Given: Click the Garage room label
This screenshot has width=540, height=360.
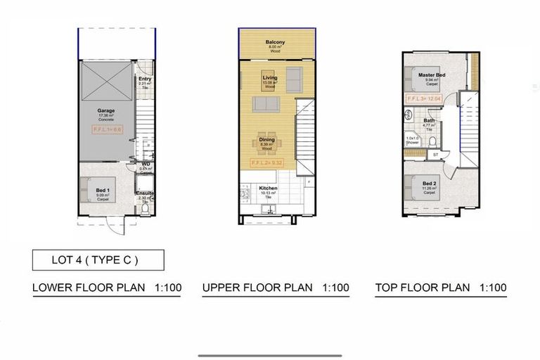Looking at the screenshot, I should tap(105, 110).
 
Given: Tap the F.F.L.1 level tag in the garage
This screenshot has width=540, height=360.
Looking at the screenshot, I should tap(108, 130).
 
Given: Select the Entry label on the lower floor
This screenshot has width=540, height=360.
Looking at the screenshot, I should tap(145, 79).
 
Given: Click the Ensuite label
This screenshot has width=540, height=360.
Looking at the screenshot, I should tap(145, 193).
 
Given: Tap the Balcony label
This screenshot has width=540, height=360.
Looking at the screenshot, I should tap(275, 43).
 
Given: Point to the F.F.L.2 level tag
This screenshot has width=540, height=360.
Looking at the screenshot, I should tap(266, 162).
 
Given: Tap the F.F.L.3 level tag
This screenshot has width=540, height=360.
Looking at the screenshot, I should tap(423, 99).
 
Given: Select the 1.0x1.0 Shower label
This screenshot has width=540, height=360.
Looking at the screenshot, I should tap(413, 140).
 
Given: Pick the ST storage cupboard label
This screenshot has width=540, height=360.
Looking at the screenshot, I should tap(435, 153).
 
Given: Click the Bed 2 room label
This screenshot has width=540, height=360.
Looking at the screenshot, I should tap(429, 183).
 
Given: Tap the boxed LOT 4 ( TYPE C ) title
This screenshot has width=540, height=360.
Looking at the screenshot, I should tap(98, 259).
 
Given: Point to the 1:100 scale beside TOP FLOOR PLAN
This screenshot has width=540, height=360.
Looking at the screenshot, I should tap(493, 288).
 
